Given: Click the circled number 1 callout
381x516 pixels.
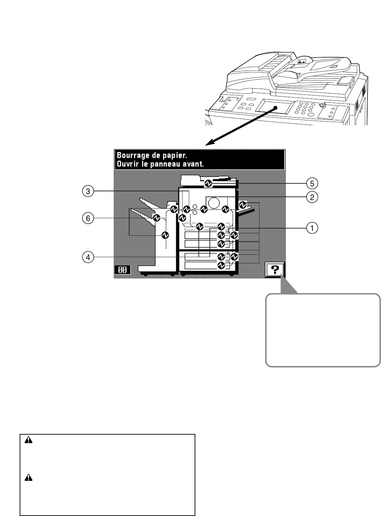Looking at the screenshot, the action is [x=312, y=228].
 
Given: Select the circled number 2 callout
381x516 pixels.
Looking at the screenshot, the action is [x=312, y=197].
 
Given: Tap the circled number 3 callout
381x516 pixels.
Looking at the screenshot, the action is [x=88, y=191].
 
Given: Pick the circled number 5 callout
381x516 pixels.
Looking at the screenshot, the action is [x=312, y=182].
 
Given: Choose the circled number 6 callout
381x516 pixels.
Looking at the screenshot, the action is [x=88, y=218].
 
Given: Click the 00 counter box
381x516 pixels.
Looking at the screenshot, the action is [x=122, y=270].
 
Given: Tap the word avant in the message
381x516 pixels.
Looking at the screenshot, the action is [x=194, y=164].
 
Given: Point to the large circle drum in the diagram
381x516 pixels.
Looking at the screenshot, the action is [x=214, y=203].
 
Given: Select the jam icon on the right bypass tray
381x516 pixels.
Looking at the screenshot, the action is [x=243, y=204].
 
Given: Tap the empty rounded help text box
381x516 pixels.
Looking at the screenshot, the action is [x=323, y=330].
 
